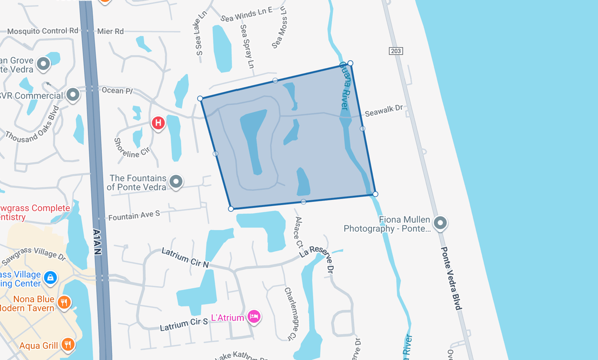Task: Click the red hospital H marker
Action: click(x=158, y=123)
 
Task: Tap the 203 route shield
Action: click(x=396, y=51)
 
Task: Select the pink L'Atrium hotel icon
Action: click(x=254, y=317)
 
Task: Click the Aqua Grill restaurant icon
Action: click(x=68, y=345)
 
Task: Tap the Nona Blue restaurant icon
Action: click(x=64, y=303)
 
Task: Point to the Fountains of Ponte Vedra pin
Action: click(x=176, y=181)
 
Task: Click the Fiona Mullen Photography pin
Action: click(x=440, y=223)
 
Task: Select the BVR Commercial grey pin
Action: click(x=73, y=95)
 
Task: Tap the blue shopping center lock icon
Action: click(x=50, y=278)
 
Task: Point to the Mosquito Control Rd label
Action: click(x=43, y=31)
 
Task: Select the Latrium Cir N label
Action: click(x=185, y=258)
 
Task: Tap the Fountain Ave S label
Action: click(x=134, y=215)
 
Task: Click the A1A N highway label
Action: click(x=97, y=241)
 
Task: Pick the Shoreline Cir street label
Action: click(x=131, y=147)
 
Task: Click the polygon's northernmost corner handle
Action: click(x=350, y=63)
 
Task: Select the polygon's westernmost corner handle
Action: click(x=200, y=99)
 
